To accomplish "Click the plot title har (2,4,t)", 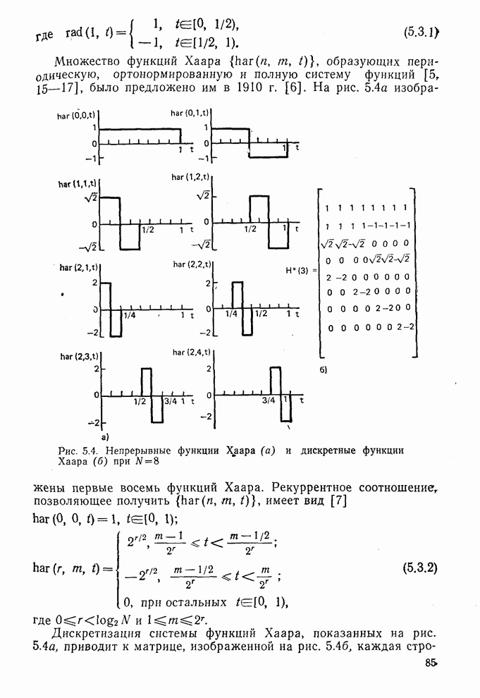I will coord(192,353).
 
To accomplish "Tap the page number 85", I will coord(431,663).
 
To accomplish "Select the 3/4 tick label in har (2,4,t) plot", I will coord(269,400).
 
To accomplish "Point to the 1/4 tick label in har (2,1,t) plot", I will coord(130,315).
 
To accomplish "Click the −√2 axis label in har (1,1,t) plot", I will coord(87,246).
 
